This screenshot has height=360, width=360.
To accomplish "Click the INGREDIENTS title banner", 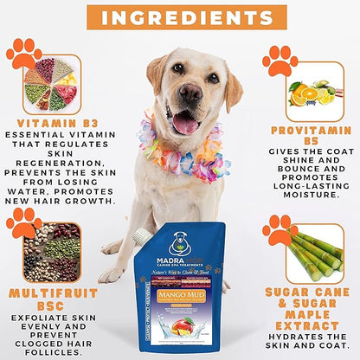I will point(179,16).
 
